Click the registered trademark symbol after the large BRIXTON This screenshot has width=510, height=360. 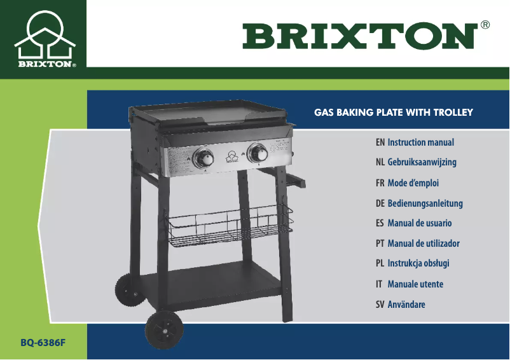[485, 25]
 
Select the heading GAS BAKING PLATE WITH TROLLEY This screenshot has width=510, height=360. [394, 113]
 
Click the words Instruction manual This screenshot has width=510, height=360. [420, 142]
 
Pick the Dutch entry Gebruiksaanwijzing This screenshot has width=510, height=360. [422, 162]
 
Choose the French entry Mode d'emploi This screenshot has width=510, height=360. [413, 183]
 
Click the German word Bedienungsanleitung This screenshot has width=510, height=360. [425, 204]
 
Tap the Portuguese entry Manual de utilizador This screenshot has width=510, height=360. [423, 244]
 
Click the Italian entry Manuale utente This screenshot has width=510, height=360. [415, 284]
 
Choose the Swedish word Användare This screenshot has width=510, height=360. [406, 305]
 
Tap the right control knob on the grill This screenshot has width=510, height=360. [258, 153]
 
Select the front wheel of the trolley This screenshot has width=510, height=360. [164, 330]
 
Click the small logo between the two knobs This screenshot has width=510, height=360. [231, 155]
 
